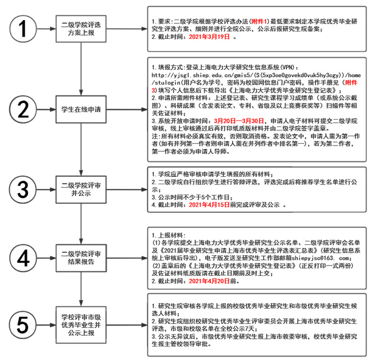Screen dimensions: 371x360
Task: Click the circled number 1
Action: [x=23, y=29]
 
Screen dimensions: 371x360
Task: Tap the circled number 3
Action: [x=23, y=189]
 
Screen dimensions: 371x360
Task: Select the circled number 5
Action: [x=23, y=325]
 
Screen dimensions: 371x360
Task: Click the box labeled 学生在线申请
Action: [x=81, y=109]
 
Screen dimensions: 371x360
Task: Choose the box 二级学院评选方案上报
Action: [x=81, y=29]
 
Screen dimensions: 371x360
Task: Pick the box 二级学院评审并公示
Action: [x=81, y=189]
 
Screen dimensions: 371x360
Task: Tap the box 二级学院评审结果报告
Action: [x=81, y=258]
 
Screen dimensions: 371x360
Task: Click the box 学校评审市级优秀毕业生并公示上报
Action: [x=81, y=325]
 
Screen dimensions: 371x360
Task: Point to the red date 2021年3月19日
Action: [x=209, y=37]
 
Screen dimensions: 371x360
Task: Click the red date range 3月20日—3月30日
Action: [x=239, y=121]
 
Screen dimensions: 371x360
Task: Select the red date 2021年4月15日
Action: [x=209, y=205]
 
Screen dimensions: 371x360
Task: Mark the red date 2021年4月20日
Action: [x=209, y=281]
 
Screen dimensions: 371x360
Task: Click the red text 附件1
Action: [x=259, y=21]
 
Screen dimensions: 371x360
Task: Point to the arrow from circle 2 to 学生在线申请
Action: [x=46, y=109]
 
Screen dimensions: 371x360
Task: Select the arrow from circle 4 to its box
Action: [x=46, y=258]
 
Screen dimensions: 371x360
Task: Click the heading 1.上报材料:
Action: [x=169, y=235]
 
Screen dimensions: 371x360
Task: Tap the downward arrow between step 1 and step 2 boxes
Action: [x=81, y=69]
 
